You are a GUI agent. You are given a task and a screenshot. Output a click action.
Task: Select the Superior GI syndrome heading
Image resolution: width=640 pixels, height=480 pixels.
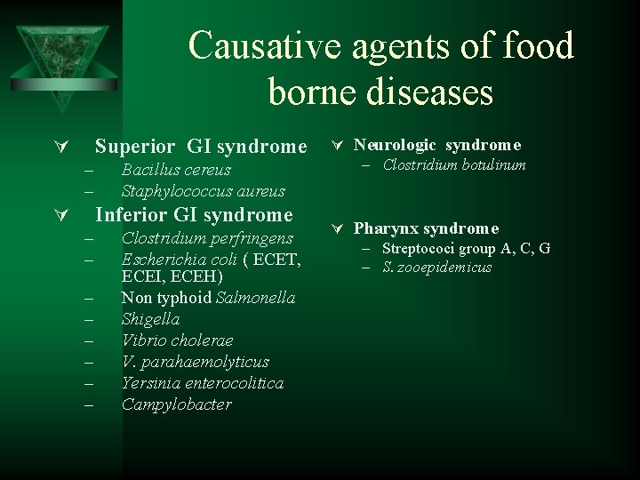[200, 146]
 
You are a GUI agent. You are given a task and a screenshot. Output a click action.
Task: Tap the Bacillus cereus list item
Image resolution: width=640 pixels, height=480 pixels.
[176, 170]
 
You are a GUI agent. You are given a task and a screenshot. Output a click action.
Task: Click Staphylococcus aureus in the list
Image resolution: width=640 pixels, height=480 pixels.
[203, 191]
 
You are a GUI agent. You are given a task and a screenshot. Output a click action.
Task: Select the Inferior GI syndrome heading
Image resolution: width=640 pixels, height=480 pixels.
[193, 215]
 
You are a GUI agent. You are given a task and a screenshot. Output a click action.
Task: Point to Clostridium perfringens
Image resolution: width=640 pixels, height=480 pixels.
[207, 238]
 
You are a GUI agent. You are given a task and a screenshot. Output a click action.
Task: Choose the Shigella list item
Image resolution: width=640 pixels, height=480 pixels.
[150, 319]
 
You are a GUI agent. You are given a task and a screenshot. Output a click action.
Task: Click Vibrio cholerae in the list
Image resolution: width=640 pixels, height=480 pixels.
[177, 340]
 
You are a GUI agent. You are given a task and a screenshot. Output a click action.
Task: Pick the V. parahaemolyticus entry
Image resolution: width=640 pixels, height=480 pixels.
[195, 362]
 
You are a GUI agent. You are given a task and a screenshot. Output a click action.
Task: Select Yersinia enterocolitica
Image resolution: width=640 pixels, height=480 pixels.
[202, 383]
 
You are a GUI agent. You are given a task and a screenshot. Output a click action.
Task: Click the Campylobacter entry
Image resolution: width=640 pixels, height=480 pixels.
[176, 404]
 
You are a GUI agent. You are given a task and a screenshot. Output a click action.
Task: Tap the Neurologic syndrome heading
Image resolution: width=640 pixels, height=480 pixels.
[437, 145]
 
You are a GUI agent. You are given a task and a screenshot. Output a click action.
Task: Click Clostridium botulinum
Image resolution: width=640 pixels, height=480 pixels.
[455, 165]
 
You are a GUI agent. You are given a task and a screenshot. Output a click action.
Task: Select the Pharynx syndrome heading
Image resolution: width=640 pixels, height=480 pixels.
[426, 228]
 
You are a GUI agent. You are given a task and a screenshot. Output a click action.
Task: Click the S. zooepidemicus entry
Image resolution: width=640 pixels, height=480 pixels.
[437, 268]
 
